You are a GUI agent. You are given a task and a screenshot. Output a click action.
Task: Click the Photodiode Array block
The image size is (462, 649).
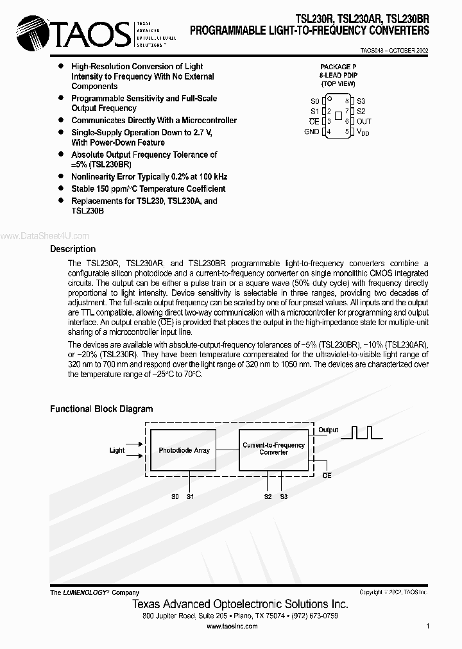(184, 450)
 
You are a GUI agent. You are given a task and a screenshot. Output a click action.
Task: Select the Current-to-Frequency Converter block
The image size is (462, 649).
(273, 448)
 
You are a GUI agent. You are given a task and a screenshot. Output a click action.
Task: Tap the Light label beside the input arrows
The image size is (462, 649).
(117, 450)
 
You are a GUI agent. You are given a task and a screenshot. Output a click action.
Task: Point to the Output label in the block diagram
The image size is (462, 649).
(329, 430)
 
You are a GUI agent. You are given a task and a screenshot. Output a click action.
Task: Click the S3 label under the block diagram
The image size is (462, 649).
(284, 496)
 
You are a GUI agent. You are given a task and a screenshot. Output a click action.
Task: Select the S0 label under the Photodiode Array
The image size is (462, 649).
(175, 496)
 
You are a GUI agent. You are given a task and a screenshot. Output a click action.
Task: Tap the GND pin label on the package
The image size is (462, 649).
(311, 131)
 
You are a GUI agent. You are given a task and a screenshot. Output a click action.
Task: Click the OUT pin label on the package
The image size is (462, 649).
(364, 121)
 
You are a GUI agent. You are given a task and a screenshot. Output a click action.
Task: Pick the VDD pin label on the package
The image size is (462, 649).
(363, 132)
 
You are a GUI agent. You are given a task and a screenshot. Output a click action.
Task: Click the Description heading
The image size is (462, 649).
(73, 249)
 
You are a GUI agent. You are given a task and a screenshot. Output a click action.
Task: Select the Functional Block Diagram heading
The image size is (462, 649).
(101, 409)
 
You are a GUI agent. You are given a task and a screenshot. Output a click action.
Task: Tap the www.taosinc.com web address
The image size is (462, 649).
(231, 625)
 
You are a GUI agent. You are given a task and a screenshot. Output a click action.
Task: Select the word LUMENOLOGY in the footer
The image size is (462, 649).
(85, 593)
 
